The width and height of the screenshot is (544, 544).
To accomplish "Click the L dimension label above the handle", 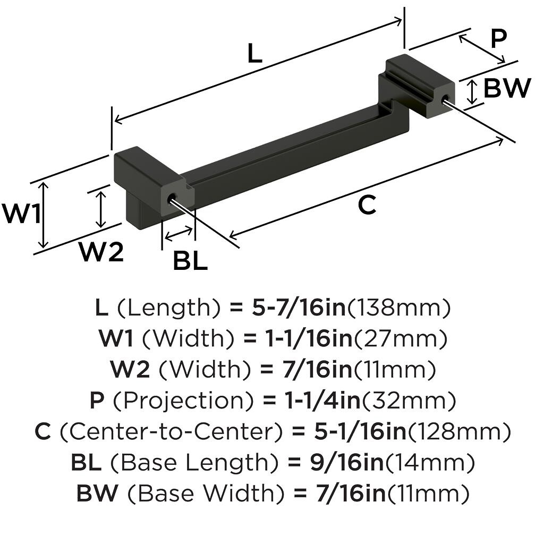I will click(255, 54).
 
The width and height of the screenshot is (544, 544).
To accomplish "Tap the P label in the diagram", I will click(498, 39).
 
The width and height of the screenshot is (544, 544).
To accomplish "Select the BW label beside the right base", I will click(507, 88).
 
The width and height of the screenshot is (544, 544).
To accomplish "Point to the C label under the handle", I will click(367, 205).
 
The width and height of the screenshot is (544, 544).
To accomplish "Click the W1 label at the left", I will click(21, 214).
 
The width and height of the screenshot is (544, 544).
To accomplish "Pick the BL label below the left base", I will click(190, 261).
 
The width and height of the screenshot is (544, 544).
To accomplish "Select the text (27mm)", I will click(400, 338).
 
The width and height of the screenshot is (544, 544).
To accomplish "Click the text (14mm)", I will click(429, 463).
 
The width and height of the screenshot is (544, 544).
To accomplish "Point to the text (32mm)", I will click(409, 401).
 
